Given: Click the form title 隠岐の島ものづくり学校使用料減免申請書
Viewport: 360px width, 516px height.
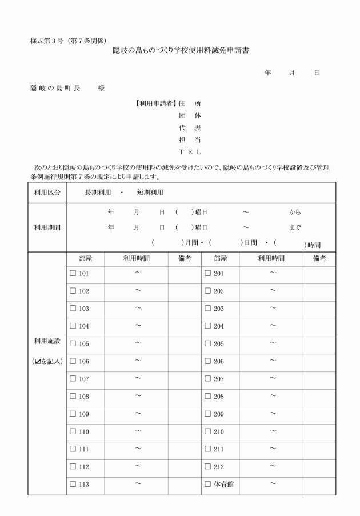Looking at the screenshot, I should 182,51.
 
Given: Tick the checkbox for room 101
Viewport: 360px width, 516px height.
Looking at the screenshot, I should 73,274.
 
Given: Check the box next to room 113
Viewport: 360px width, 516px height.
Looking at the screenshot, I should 73,485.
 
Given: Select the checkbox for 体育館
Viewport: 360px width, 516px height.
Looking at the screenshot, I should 208,485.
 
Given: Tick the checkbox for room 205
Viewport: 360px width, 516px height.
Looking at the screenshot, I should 208,344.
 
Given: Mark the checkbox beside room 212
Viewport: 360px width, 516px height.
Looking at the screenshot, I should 208,467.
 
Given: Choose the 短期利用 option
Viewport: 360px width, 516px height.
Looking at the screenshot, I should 150,192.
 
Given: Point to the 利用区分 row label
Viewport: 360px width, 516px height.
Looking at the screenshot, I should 47,192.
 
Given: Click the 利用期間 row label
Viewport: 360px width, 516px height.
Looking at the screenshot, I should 47,227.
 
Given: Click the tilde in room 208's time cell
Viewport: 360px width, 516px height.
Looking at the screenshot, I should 273,396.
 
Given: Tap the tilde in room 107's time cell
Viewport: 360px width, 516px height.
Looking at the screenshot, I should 138,378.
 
